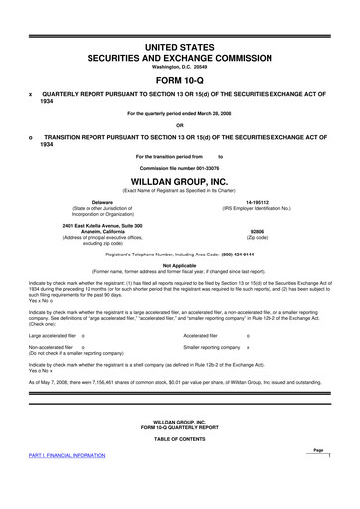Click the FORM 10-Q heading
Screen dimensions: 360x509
[x=179, y=80]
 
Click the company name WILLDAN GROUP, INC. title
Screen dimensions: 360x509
[x=179, y=182]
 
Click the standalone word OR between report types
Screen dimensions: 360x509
[x=179, y=125]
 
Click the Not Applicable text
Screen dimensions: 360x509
[x=179, y=266]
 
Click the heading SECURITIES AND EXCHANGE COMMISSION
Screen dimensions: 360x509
[x=179, y=57]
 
